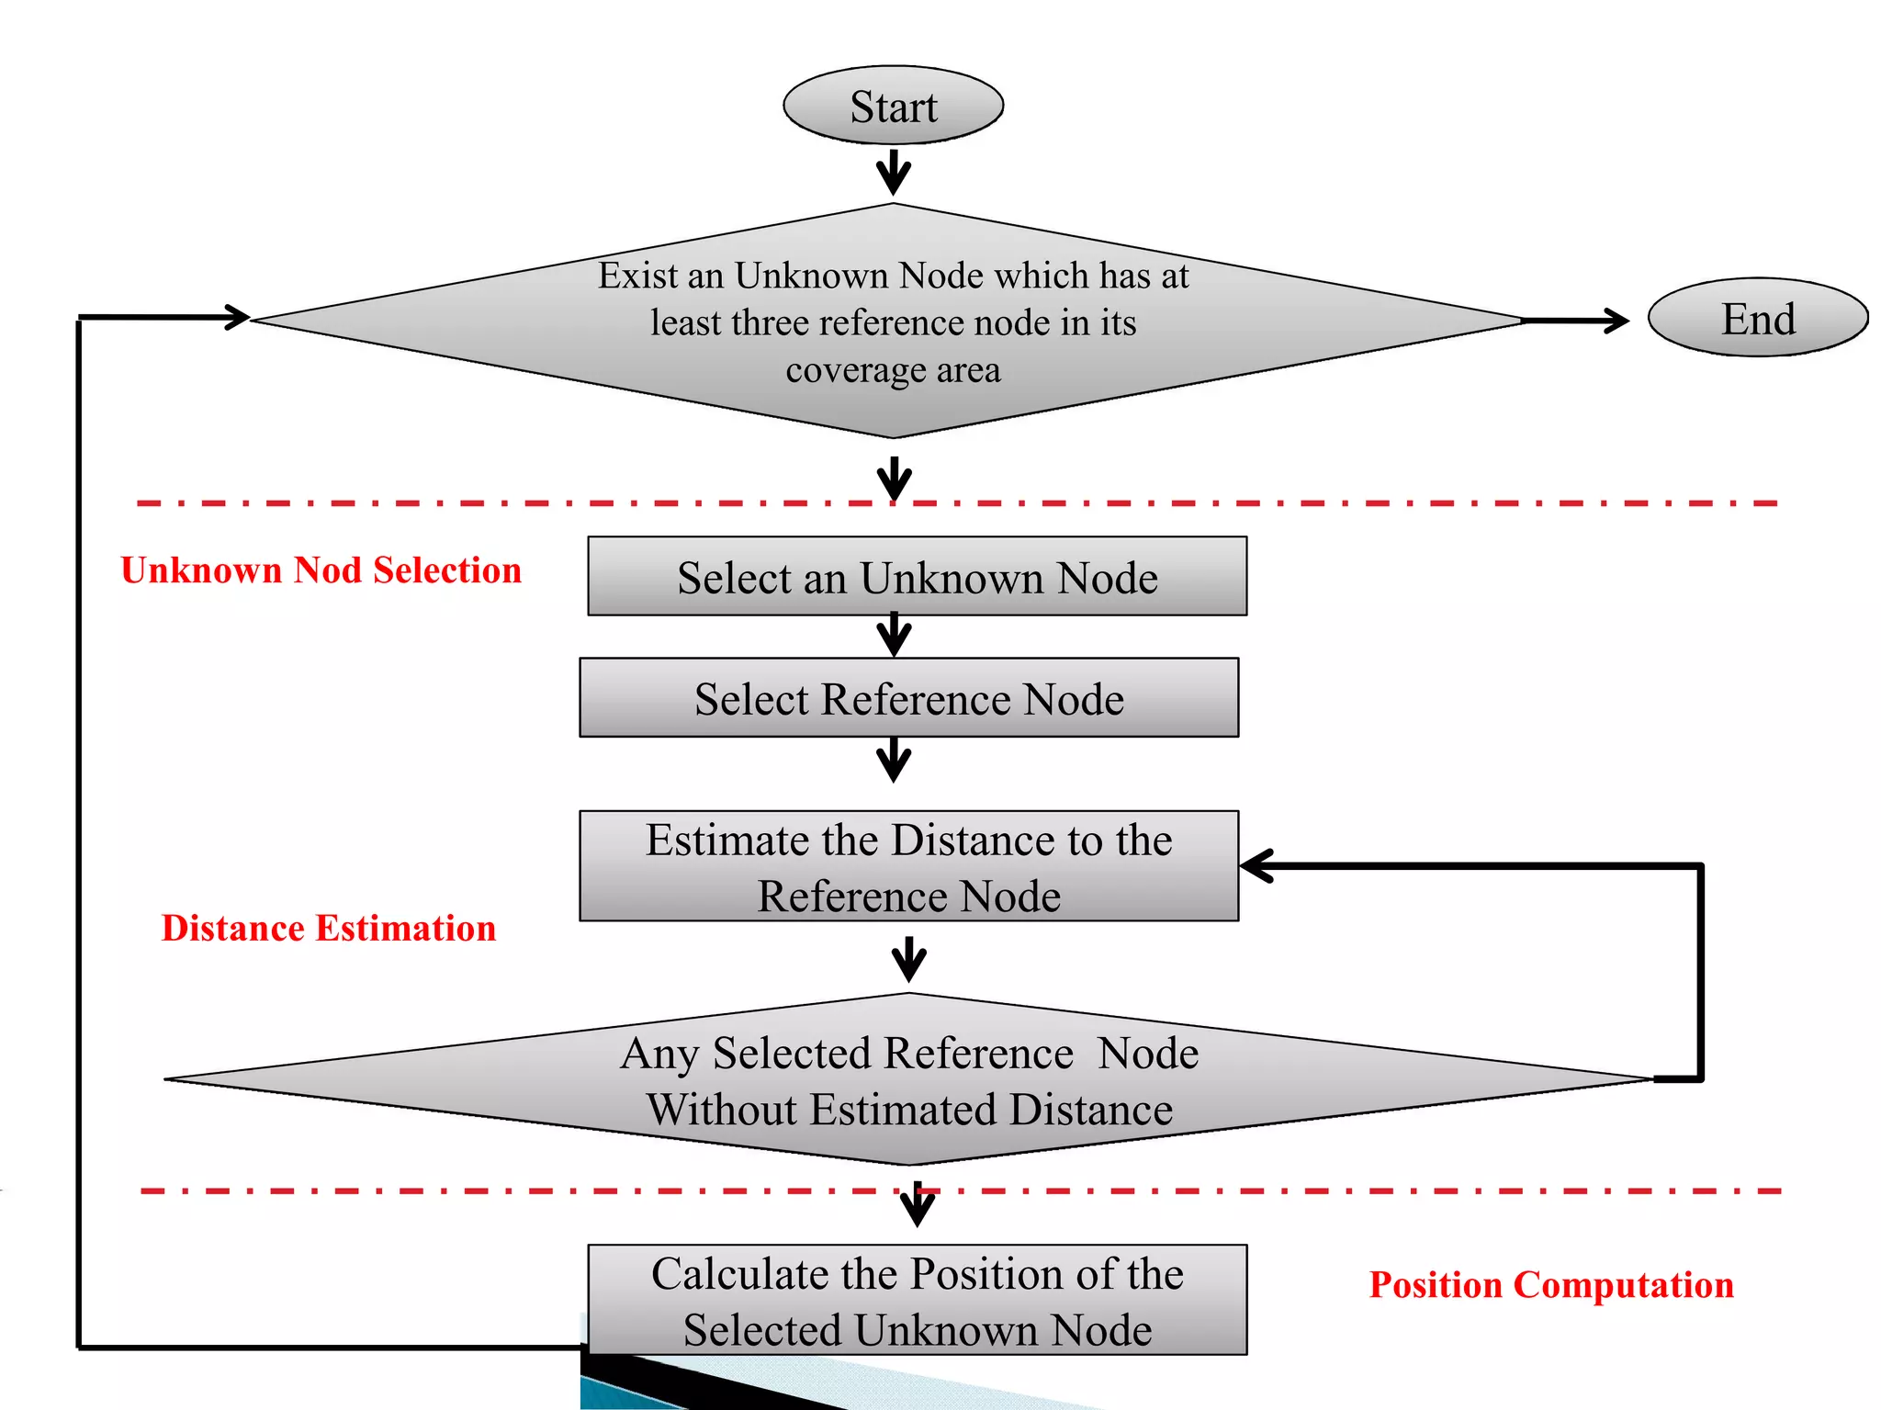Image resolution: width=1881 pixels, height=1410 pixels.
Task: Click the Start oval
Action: (x=893, y=106)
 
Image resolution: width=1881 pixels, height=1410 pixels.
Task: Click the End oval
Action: (x=1757, y=318)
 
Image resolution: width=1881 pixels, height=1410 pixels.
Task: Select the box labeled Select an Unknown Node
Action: (x=917, y=577)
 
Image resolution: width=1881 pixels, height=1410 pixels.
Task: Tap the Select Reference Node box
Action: (x=908, y=698)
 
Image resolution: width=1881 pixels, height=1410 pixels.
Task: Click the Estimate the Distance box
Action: (x=908, y=866)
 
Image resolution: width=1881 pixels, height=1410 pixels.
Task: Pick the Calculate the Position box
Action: (x=917, y=1300)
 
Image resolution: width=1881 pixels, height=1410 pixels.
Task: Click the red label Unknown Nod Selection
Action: (x=321, y=570)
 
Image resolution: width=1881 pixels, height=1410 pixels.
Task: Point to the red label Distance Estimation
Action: (x=328, y=928)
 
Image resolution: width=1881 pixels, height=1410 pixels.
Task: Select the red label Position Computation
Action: (x=1550, y=1284)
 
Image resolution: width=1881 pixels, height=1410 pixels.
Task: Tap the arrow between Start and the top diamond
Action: (x=893, y=173)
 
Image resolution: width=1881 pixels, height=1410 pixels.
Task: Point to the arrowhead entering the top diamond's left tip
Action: (x=237, y=318)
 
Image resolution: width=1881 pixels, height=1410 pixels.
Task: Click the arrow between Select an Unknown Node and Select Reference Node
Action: (x=894, y=636)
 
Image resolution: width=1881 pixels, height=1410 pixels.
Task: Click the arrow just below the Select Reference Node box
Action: (x=894, y=761)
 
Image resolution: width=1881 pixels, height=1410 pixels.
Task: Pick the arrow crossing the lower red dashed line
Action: (x=917, y=1203)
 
